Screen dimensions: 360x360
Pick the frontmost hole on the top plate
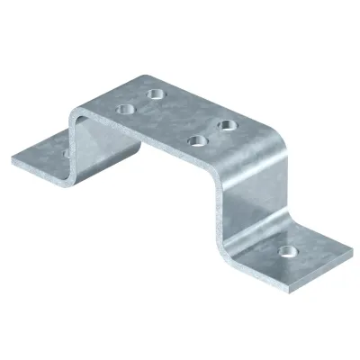[x=192, y=139]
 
